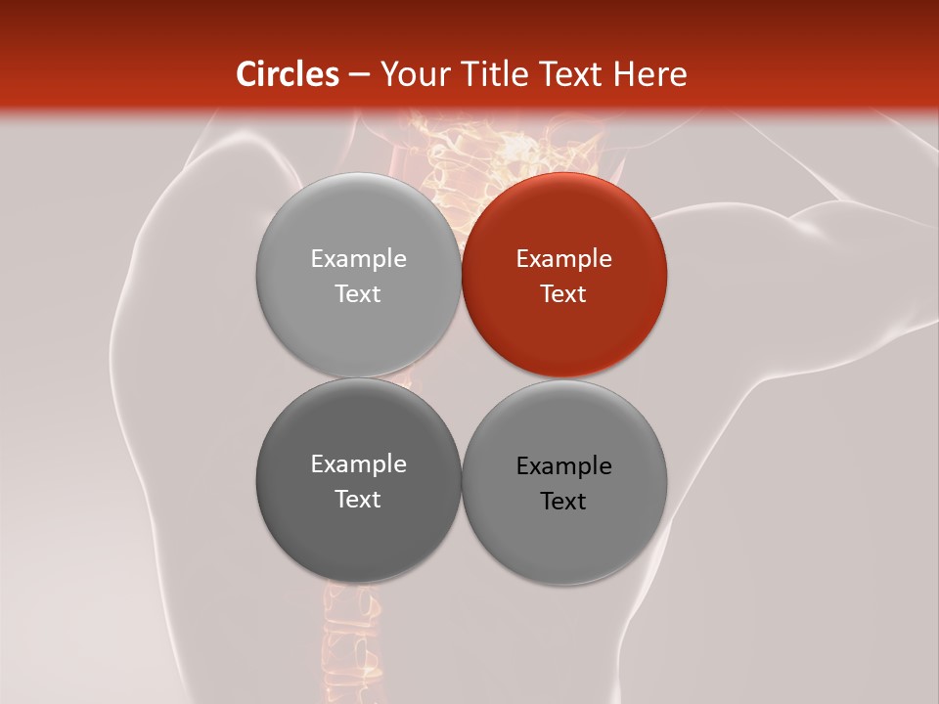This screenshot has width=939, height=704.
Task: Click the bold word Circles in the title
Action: tap(288, 74)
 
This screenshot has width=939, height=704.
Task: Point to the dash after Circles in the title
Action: tap(358, 75)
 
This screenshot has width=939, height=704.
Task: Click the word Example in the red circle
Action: tap(563, 258)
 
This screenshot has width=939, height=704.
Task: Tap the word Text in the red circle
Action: tap(563, 293)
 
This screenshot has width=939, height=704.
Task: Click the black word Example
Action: tap(563, 465)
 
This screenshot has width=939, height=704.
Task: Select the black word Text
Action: tap(563, 501)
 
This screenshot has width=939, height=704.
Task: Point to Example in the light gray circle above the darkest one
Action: tap(358, 258)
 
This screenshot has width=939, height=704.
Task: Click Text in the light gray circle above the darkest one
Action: tap(358, 293)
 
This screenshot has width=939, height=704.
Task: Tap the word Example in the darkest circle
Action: tap(358, 463)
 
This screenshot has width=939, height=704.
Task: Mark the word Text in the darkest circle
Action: tap(358, 499)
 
